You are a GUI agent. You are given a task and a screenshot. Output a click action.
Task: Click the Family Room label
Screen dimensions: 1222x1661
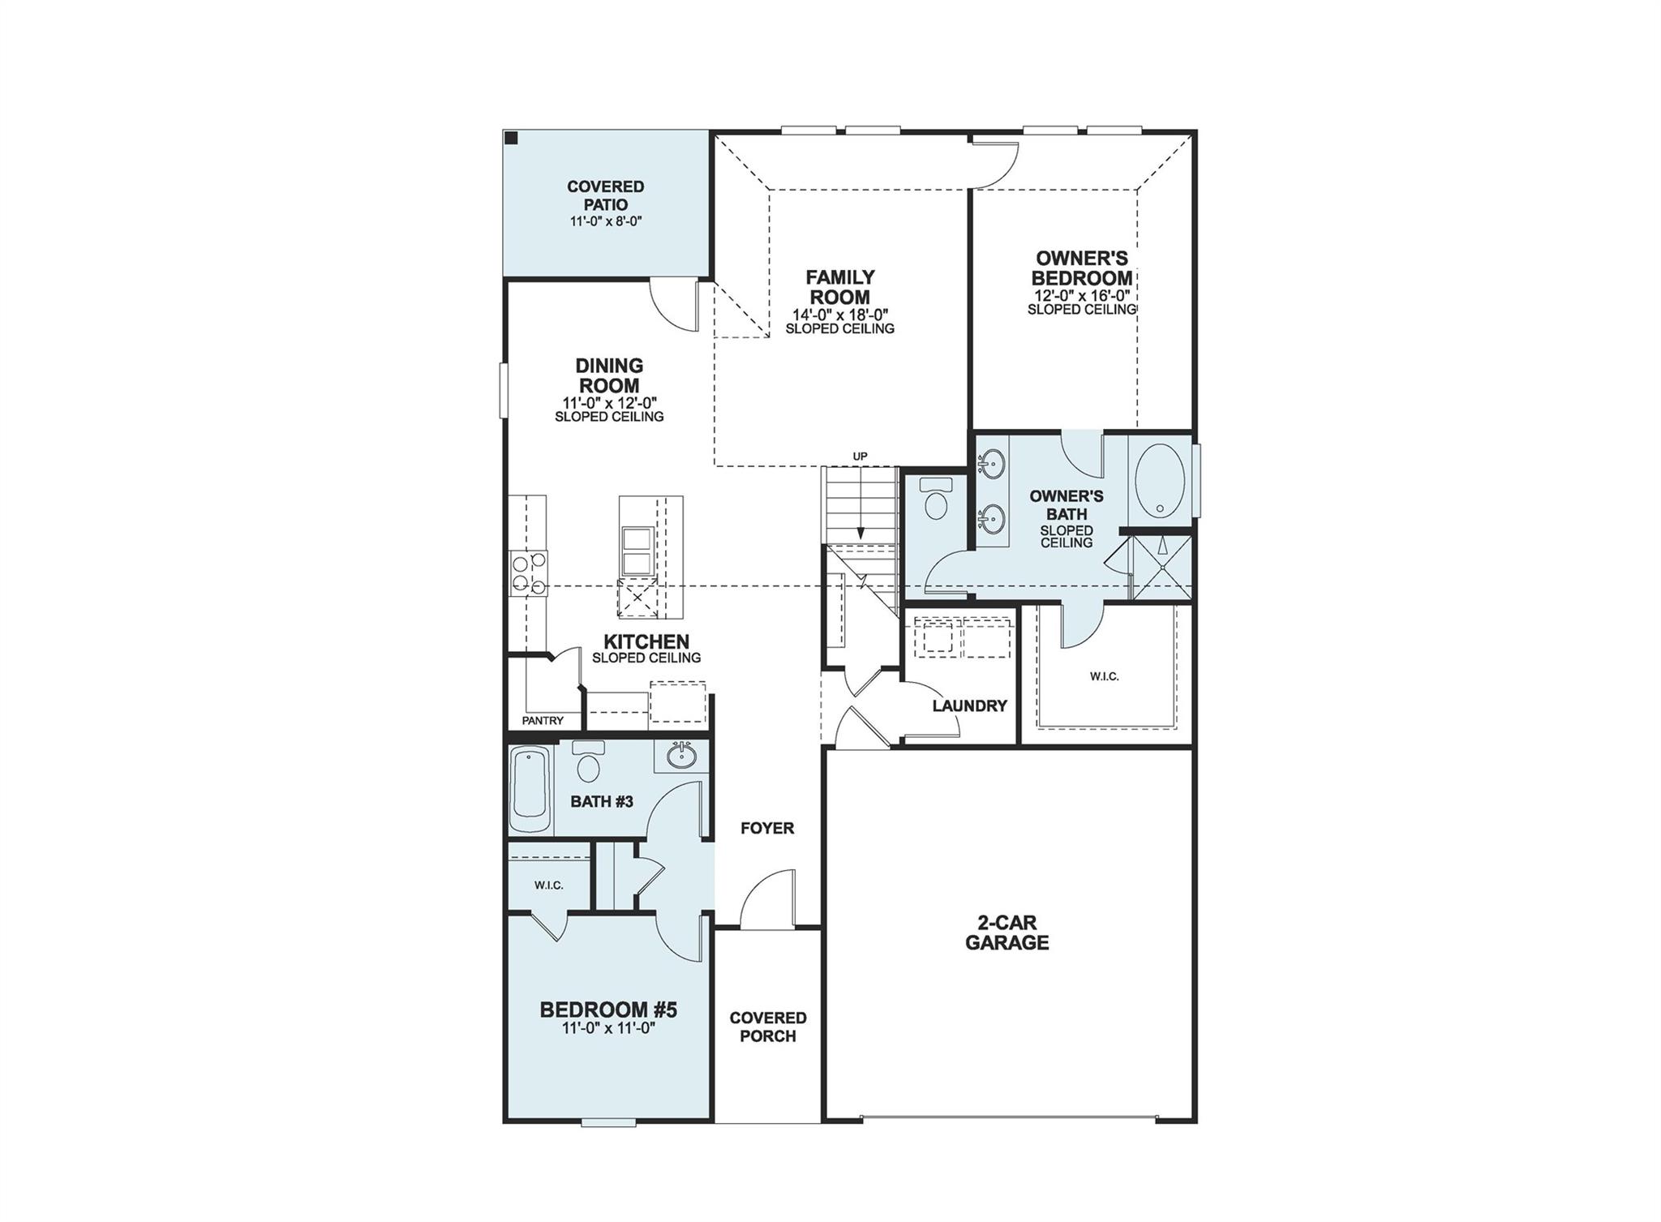[x=839, y=287]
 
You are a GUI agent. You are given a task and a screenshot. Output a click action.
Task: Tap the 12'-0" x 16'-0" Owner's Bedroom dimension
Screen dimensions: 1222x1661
[x=1081, y=297]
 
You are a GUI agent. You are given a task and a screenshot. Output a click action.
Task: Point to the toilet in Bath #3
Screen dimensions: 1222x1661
[x=588, y=762]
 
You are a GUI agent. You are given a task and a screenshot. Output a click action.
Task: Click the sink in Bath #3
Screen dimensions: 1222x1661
[x=681, y=757]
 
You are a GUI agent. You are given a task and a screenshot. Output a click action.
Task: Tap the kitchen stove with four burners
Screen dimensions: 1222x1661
[x=528, y=573]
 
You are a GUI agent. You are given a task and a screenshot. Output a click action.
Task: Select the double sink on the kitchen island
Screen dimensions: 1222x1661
[x=637, y=552]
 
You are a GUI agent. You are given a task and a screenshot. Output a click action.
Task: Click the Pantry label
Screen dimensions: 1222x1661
[x=542, y=720]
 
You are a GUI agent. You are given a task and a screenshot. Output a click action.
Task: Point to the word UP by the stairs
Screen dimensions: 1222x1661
[x=860, y=457]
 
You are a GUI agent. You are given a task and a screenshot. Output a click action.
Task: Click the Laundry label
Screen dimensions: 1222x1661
[x=969, y=706]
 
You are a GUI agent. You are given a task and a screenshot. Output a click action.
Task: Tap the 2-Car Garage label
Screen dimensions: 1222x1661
[x=1006, y=933]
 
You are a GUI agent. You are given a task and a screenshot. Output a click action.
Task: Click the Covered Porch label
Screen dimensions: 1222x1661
[x=767, y=1027]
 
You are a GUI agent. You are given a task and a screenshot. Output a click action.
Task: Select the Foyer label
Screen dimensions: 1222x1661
[x=766, y=828]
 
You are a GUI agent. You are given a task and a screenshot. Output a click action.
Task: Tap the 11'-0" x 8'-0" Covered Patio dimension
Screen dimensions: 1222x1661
[x=605, y=221]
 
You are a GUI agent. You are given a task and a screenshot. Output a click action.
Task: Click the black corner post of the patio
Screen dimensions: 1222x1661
[x=511, y=138]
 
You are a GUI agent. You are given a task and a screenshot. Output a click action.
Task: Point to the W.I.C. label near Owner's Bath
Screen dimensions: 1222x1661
[x=1104, y=676]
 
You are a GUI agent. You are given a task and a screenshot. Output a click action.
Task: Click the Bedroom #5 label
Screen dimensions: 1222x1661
[x=608, y=1010]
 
